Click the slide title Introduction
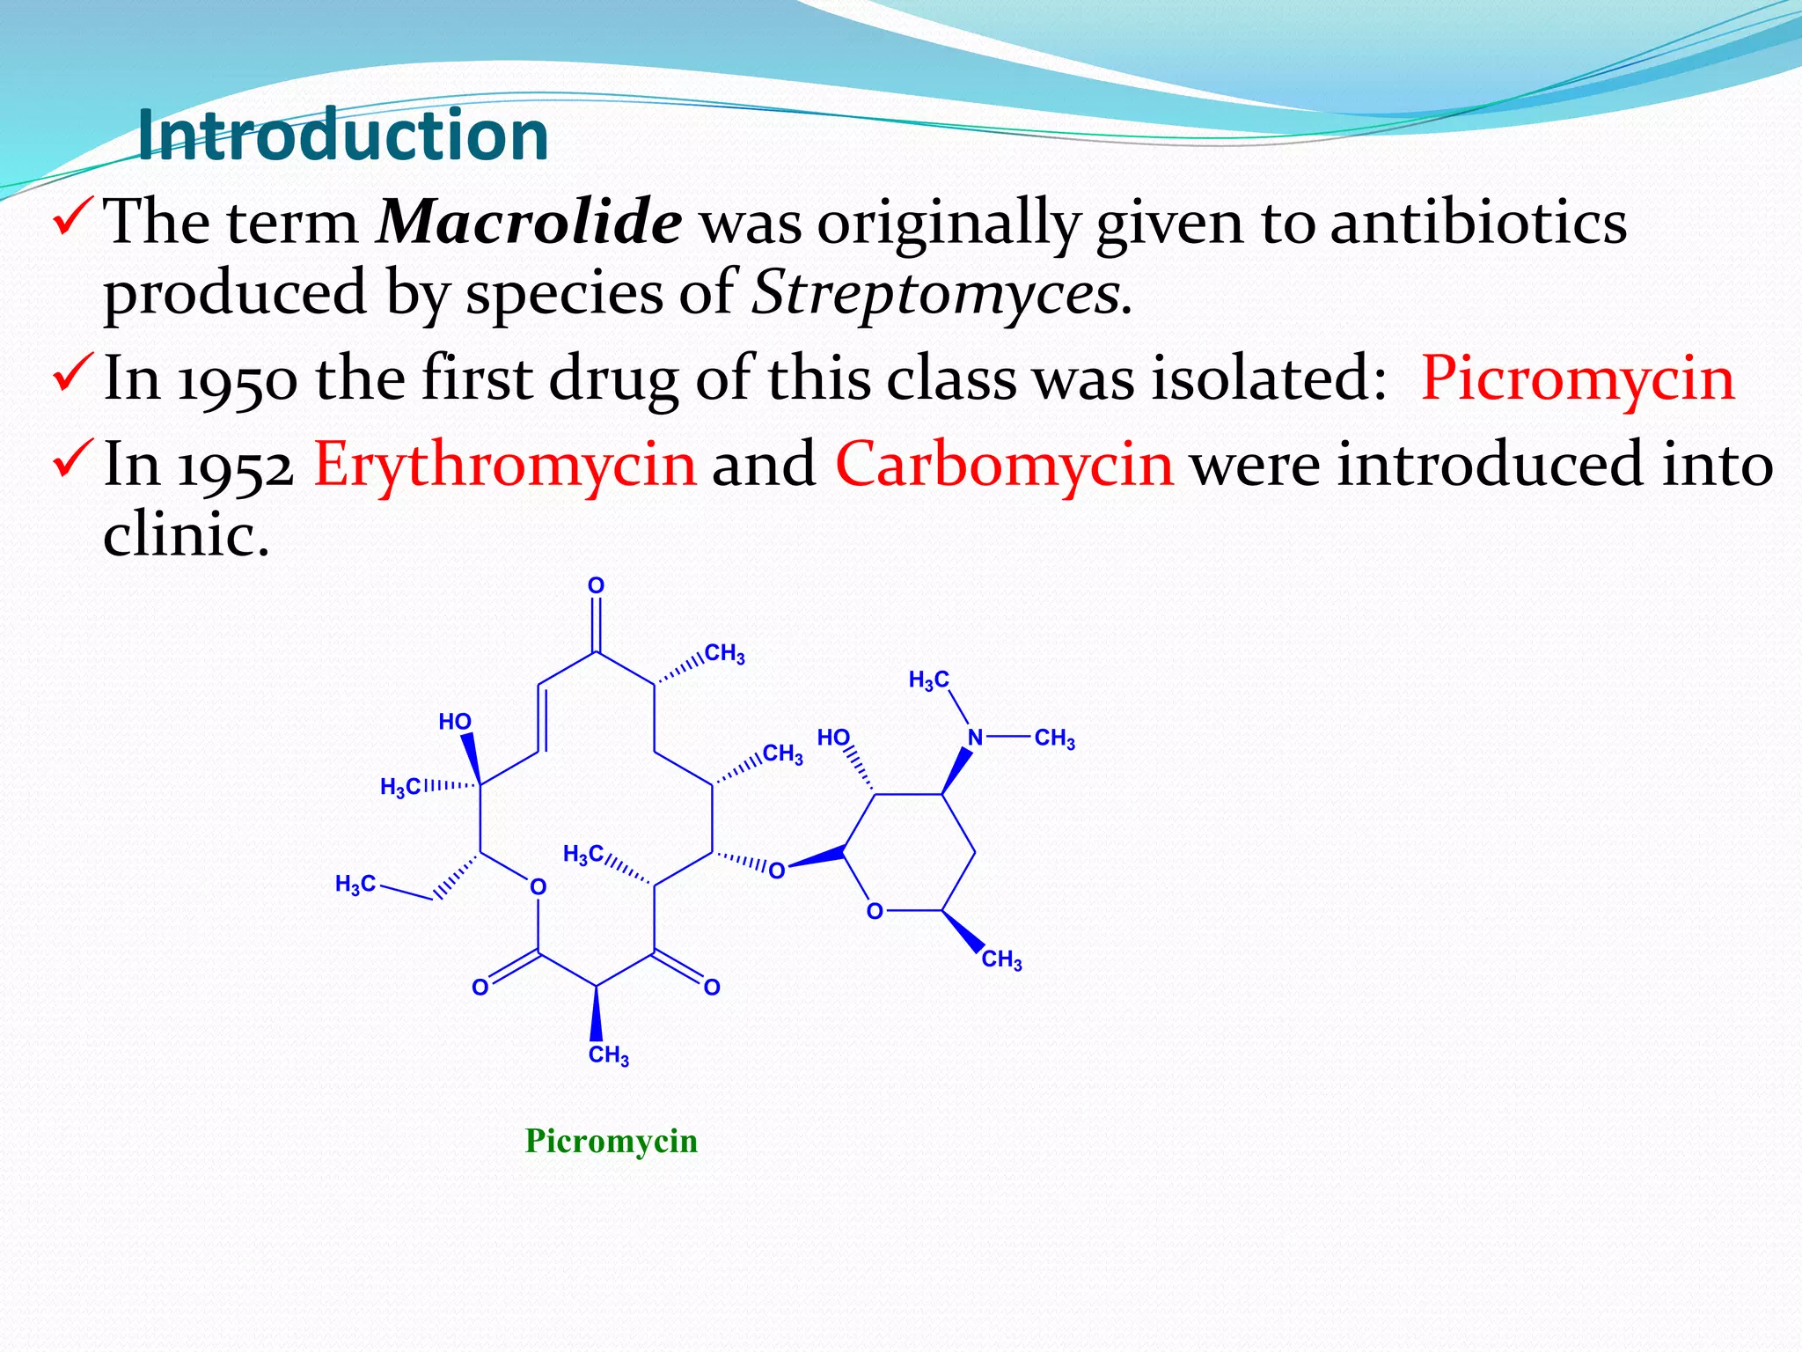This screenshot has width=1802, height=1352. click(343, 136)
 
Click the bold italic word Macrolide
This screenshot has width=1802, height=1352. click(529, 222)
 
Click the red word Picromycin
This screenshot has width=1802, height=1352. click(1578, 378)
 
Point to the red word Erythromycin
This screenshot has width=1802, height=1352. click(505, 465)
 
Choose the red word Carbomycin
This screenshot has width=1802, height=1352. click(1004, 465)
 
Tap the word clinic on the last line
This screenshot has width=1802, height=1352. click(185, 534)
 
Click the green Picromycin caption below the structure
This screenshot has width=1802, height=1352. click(612, 1141)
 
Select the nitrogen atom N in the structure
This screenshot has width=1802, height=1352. click(975, 738)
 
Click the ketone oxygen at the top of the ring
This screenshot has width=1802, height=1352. click(596, 586)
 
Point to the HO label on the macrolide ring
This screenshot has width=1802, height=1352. click(455, 722)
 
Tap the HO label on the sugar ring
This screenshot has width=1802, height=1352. click(833, 737)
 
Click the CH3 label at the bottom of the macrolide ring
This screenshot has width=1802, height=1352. click(608, 1054)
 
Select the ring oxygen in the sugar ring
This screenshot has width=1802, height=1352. click(874, 912)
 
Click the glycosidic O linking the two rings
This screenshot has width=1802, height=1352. click(776, 871)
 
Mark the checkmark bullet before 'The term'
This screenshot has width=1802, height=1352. click(73, 217)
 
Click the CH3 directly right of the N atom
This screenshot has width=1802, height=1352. click(1054, 738)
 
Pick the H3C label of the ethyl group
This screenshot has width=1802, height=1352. click(355, 884)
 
